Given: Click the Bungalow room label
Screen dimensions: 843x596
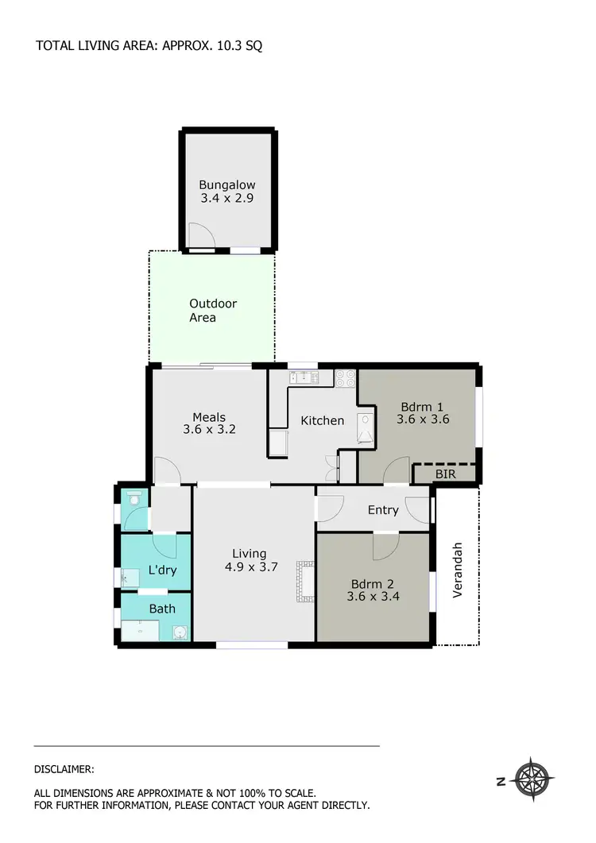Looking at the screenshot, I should pos(226,185).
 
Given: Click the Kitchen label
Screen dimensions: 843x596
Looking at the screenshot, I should pos(322,420).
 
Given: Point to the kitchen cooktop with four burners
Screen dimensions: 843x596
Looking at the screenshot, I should pos(346,378).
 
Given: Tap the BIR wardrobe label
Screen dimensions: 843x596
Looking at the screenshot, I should pos(445,474).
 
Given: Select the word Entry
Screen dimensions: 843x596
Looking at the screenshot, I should pos(382,510).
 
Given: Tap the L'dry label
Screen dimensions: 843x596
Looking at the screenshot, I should pos(162,570).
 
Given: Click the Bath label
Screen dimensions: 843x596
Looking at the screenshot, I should pos(162,609).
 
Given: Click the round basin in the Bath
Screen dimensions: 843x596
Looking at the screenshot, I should pos(181,632).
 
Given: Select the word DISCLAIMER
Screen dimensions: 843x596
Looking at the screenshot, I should pos(64,769).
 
